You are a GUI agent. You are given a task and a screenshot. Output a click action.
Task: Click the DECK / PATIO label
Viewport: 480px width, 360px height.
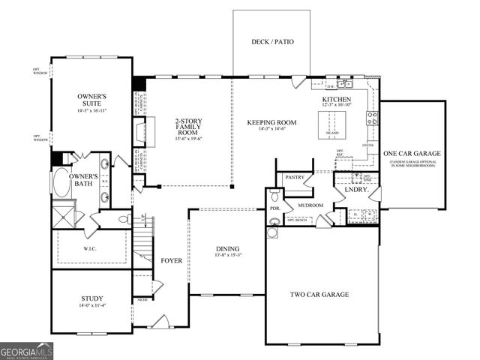click(271, 41)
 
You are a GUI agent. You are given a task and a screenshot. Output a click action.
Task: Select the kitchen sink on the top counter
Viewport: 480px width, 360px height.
click(343, 85)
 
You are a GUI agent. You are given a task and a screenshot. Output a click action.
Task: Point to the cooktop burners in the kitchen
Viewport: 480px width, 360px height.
click(371, 118)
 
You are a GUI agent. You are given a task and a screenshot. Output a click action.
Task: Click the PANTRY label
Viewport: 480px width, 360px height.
click(290, 178)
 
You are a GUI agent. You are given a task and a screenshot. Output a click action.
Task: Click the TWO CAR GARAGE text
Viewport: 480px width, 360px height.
click(319, 295)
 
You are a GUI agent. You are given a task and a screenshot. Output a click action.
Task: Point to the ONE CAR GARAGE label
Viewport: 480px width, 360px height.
click(412, 154)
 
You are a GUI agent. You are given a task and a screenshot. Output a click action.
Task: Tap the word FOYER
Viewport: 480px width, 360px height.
click(171, 261)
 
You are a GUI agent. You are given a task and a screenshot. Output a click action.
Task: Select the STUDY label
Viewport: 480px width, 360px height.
click(91, 298)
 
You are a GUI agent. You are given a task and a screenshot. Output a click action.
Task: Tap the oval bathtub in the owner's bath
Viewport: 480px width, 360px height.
click(61, 182)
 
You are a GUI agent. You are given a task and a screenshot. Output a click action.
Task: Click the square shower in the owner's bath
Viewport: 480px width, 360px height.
click(64, 217)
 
